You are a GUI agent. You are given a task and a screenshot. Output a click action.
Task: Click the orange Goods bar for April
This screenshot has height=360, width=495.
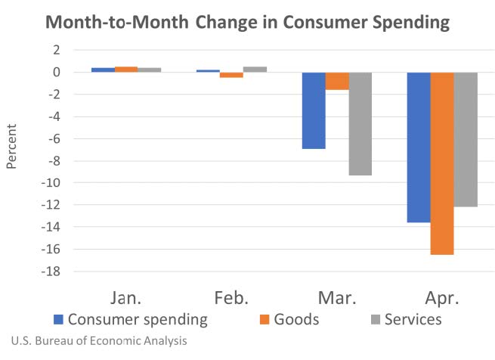tap(442, 163)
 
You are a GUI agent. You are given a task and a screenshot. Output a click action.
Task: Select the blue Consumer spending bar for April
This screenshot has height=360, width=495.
tap(419, 147)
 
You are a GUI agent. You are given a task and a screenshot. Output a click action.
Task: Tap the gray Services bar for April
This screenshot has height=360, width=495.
tap(466, 139)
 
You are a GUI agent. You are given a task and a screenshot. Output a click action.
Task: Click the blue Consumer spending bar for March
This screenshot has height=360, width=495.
tap(314, 110)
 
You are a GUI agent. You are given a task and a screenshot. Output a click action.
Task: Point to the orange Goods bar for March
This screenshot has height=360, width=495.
tap(337, 81)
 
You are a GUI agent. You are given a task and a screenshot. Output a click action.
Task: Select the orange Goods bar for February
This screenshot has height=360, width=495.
tap(231, 75)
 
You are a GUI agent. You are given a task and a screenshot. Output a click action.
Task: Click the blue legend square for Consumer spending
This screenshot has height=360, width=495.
tap(58, 320)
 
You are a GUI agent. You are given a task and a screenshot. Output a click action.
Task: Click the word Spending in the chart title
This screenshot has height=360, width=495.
tap(401, 21)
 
